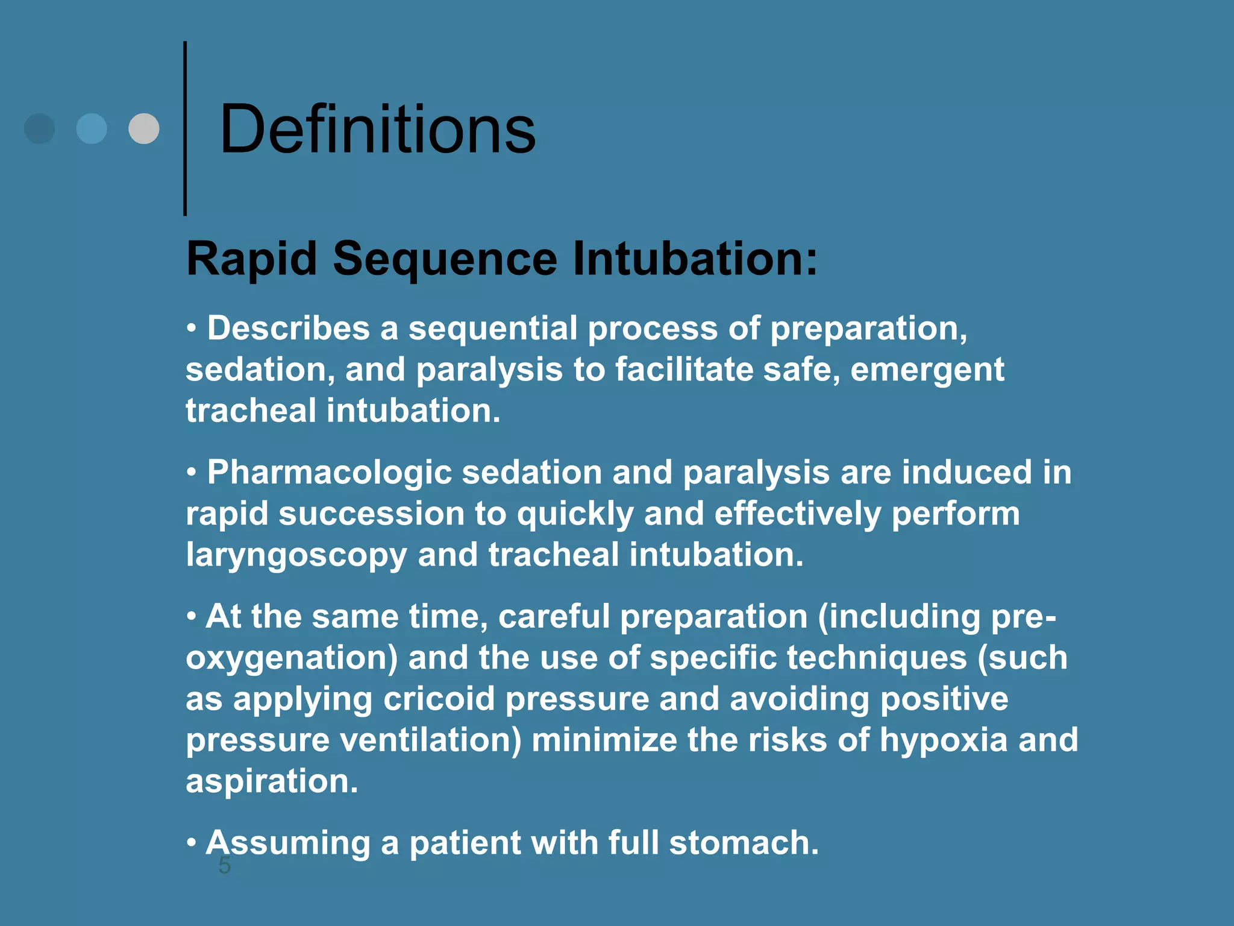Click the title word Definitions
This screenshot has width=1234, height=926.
pos(377,129)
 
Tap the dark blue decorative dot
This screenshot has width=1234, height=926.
pos(40,128)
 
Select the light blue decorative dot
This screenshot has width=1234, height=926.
pos(92,128)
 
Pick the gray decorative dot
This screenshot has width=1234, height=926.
pos(144,128)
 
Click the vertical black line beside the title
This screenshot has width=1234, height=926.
pos(185,128)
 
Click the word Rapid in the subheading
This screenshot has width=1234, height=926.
pos(251,259)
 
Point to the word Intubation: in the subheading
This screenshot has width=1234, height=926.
pos(695,259)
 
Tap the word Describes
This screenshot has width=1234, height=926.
pos(288,329)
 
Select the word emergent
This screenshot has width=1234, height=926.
pos(927,370)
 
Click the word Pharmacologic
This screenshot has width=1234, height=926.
pos(329,472)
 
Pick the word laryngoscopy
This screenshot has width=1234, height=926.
pos(296,555)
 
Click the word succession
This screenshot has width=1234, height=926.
pos(371,514)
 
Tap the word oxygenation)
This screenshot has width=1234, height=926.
pos(292,658)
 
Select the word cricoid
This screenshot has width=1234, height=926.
pos(439,699)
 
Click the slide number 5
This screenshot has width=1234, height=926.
pos(224,866)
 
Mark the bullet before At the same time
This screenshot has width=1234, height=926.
pos(191,616)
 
